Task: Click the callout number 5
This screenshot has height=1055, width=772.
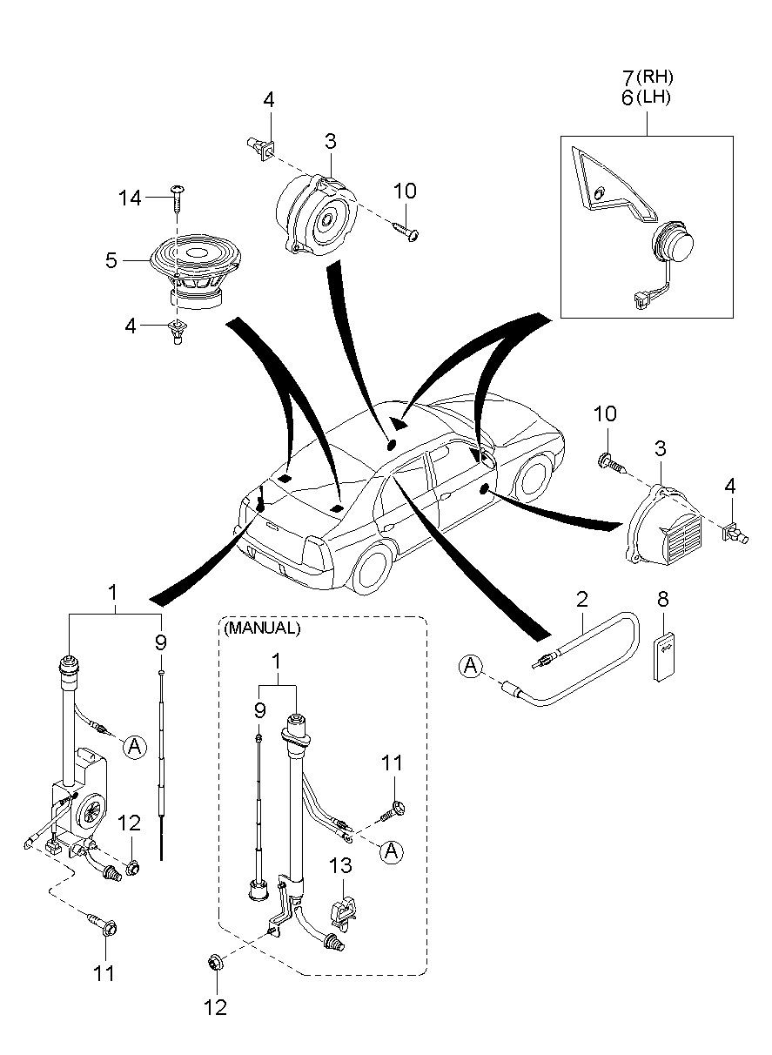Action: (x=111, y=259)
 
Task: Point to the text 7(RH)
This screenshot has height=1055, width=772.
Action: (x=648, y=77)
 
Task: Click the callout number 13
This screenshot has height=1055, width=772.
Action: (x=341, y=865)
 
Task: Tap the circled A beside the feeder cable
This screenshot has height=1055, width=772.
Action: (x=471, y=668)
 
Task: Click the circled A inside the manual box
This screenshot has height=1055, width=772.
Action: (x=392, y=851)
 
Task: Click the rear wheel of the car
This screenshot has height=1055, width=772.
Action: (x=374, y=573)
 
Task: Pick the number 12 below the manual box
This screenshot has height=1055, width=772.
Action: (x=214, y=1007)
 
